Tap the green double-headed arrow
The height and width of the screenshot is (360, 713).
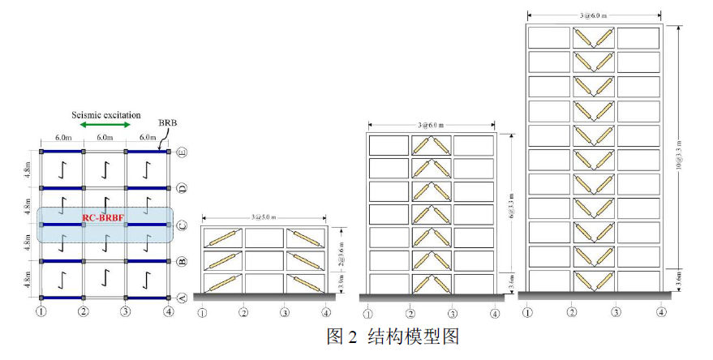tap(105, 125)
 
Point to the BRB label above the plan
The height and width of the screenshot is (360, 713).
tap(167, 123)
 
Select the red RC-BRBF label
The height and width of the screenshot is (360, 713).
tap(104, 218)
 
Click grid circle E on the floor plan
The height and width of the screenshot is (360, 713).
tap(182, 152)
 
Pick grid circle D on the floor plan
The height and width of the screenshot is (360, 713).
tap(182, 188)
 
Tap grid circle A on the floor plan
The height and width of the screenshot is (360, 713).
tap(182, 298)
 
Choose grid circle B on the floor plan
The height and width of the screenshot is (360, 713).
tap(182, 261)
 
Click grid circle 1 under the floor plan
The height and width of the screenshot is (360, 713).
tap(41, 311)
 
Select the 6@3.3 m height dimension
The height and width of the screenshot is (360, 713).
tap(510, 203)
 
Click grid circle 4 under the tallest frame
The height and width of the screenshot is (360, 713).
tap(662, 311)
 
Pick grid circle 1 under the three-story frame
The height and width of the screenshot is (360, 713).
tap(203, 312)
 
